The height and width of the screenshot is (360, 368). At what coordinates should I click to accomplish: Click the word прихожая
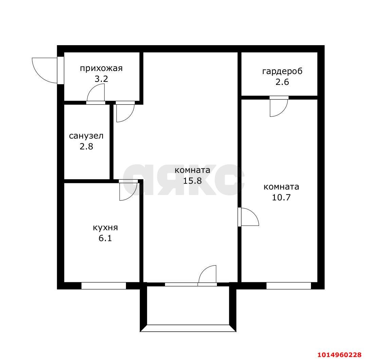pos(101,68)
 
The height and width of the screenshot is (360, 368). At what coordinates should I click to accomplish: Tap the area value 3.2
pos(101,79)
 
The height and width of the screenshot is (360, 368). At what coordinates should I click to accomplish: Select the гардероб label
pos(282,71)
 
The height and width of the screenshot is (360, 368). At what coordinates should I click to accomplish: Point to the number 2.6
pos(282,82)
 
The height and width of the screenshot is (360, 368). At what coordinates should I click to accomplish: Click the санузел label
pos(86,136)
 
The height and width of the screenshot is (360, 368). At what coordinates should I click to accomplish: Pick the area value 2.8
pos(86,146)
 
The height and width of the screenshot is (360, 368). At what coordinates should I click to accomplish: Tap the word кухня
pos(105,228)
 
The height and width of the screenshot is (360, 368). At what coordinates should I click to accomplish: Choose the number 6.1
pos(105,238)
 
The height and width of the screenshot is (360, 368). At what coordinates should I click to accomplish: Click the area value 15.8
pos(192,181)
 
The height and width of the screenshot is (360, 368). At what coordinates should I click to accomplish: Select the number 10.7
pos(281,197)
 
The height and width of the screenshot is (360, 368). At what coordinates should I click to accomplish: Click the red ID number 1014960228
pos(339,355)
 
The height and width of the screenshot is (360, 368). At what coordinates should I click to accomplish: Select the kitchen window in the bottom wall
pos(104,286)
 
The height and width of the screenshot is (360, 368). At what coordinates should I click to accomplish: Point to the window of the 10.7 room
pos(289,286)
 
